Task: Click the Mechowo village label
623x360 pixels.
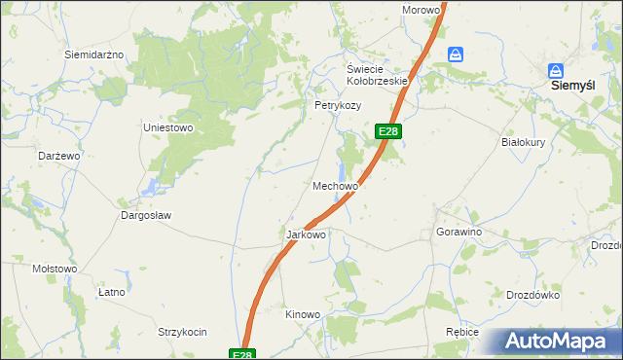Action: pos(336,185)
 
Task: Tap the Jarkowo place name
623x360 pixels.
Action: pos(306,234)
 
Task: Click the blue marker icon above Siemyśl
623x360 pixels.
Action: pos(556,71)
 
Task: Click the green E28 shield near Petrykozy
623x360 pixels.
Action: pos(387,131)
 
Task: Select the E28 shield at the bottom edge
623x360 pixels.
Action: pos(243,354)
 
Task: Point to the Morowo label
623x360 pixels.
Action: pos(421,10)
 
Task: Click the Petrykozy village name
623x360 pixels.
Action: pos(338,105)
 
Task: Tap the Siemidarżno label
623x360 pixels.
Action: pos(93,54)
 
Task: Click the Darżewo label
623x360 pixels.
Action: pos(58,156)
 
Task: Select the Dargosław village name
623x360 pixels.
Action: pos(146,215)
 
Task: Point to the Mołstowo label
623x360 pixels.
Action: pos(55,269)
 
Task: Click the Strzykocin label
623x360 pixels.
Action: pos(183,332)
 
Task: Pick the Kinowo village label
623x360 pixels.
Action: pos(302,314)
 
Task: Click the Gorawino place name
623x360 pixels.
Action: pos(459,234)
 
